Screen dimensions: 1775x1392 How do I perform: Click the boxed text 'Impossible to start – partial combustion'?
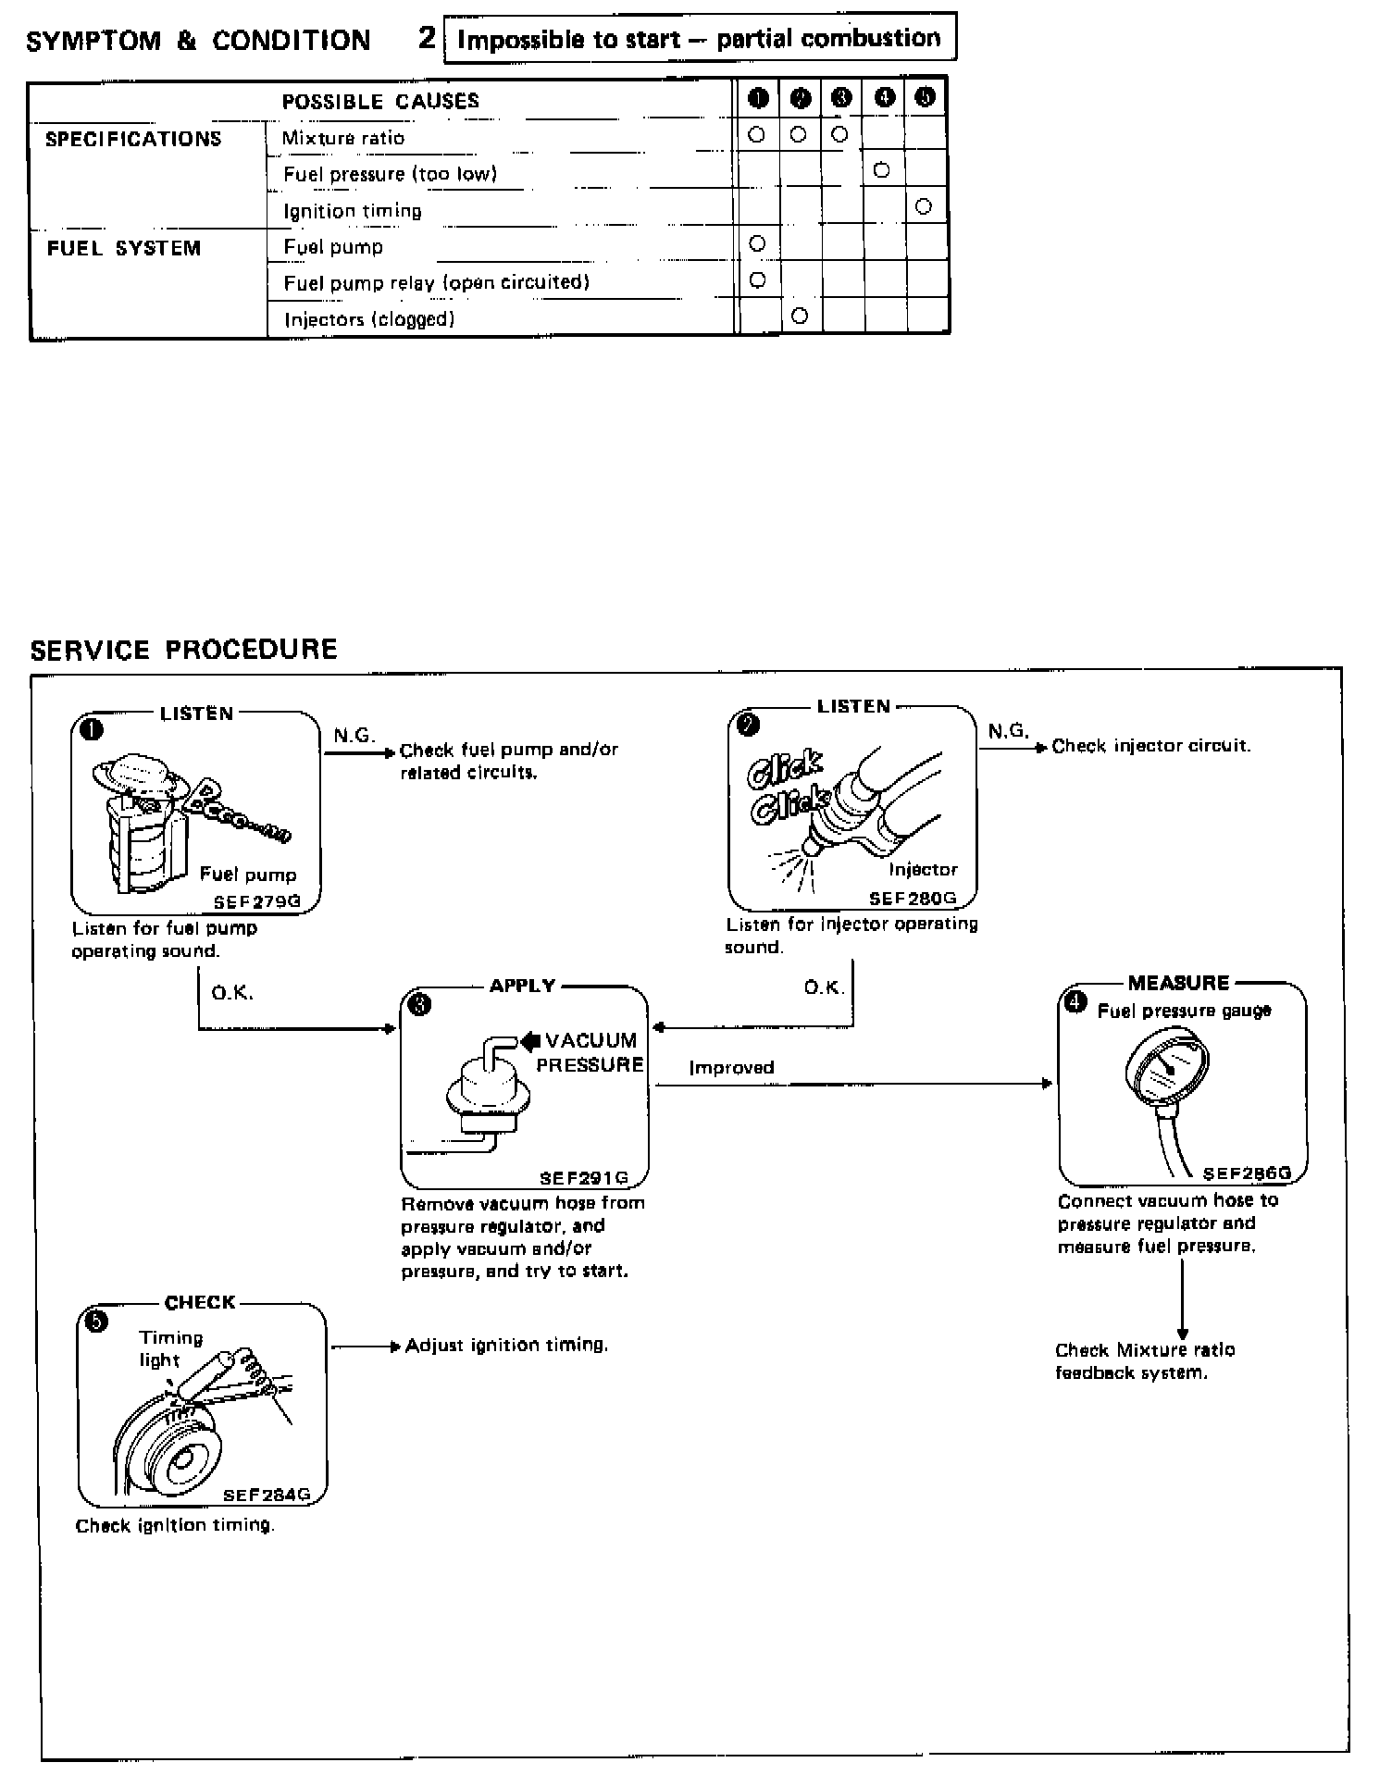(699, 39)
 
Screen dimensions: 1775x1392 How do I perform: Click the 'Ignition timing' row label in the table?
(352, 211)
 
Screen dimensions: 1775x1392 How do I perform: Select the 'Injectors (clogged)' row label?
(368, 319)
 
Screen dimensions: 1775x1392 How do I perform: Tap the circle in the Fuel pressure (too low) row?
(881, 170)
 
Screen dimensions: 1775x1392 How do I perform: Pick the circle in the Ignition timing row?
(923, 206)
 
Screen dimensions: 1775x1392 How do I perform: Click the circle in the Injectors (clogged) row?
(801, 316)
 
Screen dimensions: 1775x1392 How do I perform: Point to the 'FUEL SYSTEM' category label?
(124, 248)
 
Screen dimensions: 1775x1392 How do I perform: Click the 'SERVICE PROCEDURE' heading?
(183, 650)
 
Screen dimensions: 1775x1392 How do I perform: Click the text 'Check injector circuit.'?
(1151, 746)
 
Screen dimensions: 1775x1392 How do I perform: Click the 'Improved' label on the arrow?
(731, 1067)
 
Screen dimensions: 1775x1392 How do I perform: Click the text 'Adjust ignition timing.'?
(506, 1345)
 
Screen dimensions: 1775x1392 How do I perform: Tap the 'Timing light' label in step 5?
(170, 1348)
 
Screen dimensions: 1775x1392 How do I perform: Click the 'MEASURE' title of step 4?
(1178, 983)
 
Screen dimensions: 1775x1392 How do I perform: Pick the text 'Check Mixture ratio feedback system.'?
(1144, 1360)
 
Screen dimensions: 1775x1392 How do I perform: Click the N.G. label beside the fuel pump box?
(354, 736)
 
